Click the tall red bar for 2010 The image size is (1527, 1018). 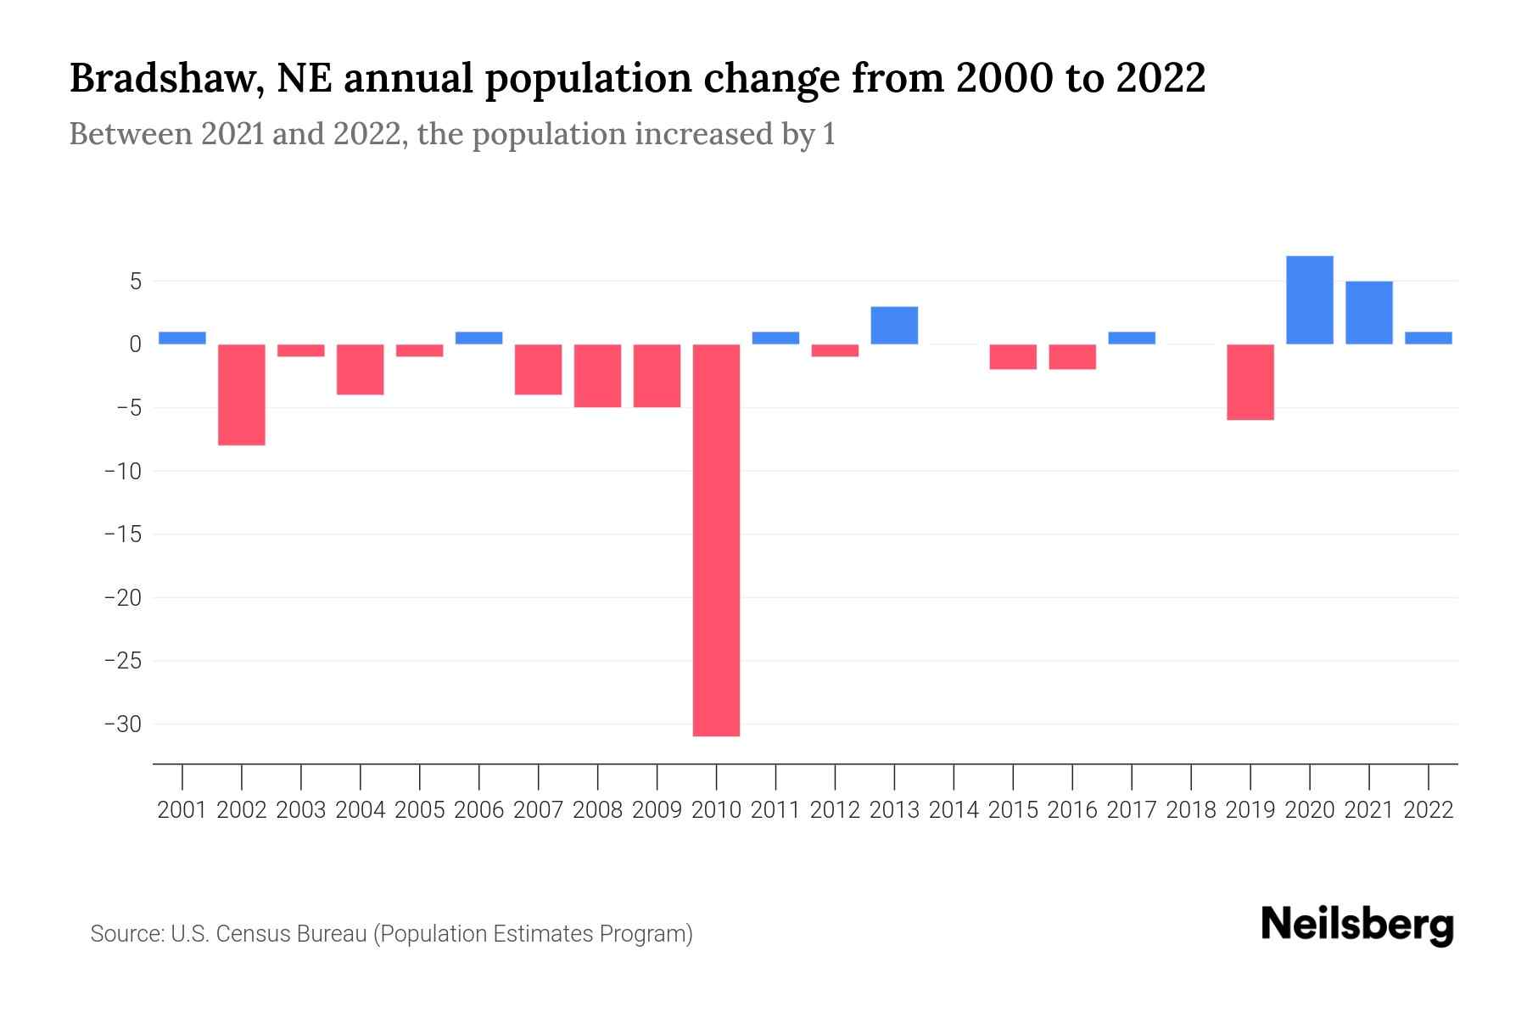point(716,540)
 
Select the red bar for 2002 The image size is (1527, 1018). point(242,394)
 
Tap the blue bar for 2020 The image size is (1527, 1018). point(1310,300)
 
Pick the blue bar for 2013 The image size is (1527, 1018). point(894,325)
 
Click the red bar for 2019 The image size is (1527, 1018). point(1250,382)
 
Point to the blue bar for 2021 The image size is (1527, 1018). point(1369,312)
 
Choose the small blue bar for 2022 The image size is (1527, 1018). point(1429,338)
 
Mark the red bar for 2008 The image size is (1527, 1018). point(597,376)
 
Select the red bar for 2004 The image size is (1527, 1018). point(361,369)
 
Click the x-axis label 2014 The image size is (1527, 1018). point(954,810)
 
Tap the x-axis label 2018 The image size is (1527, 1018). point(1191,810)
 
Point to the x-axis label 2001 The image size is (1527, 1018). point(182,810)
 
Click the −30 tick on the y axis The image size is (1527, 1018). point(122,724)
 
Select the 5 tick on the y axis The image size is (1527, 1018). point(135,281)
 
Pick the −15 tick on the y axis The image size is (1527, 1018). point(122,534)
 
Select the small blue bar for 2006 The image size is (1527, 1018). point(478,338)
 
